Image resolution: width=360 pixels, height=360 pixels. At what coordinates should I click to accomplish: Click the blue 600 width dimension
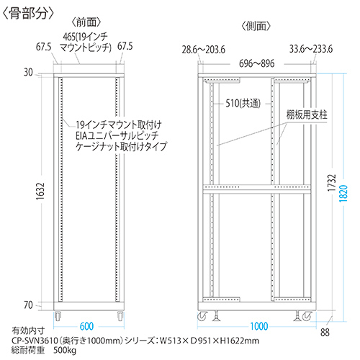click(86, 326)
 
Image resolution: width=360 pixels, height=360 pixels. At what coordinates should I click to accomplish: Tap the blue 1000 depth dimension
click(259, 326)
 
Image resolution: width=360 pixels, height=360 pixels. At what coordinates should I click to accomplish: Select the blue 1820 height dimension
click(343, 194)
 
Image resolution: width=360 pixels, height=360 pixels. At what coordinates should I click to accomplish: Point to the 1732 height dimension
click(332, 183)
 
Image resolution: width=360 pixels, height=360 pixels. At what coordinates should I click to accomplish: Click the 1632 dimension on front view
click(40, 192)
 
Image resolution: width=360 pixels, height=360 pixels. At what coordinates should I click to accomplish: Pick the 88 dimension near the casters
click(325, 333)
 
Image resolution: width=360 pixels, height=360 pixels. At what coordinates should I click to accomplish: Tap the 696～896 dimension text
click(257, 63)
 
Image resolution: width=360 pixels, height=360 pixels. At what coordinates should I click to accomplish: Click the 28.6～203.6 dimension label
click(204, 50)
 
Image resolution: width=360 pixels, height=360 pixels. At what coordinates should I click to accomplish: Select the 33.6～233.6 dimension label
click(311, 49)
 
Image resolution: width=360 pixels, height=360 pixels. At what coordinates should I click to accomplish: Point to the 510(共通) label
click(243, 104)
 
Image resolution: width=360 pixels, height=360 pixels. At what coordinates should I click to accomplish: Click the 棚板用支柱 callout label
click(307, 114)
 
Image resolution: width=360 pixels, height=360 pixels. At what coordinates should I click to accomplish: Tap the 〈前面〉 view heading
click(86, 22)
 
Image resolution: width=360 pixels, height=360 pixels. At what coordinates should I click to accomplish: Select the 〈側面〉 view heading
click(256, 26)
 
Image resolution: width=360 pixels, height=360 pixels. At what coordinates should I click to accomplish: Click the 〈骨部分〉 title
click(28, 14)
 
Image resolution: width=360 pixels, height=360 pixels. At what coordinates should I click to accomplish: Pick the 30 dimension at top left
click(28, 72)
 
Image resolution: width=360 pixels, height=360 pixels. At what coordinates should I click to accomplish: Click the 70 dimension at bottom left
click(28, 305)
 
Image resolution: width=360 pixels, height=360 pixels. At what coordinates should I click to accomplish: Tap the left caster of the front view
click(58, 316)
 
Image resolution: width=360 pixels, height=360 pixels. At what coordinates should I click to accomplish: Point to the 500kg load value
click(65, 350)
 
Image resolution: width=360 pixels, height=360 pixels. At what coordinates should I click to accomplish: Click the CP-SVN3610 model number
click(35, 341)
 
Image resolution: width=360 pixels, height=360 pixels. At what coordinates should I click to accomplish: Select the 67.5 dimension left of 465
click(44, 47)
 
